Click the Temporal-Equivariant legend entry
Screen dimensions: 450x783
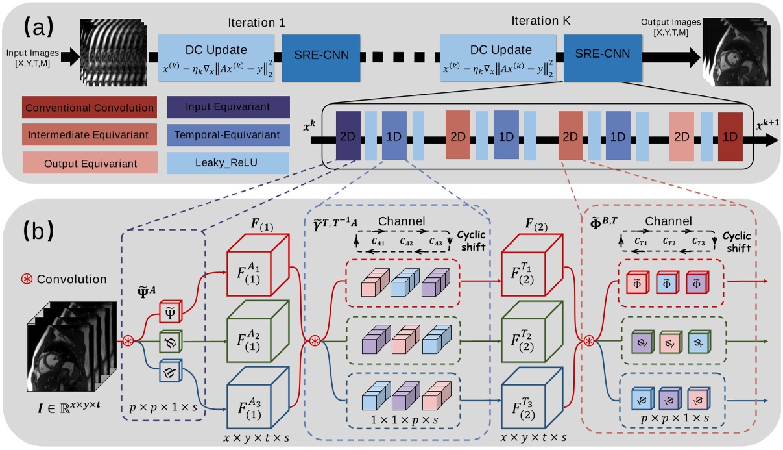pos(228,136)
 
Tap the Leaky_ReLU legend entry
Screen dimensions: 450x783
pos(228,162)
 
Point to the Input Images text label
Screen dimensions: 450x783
pos(30,56)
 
